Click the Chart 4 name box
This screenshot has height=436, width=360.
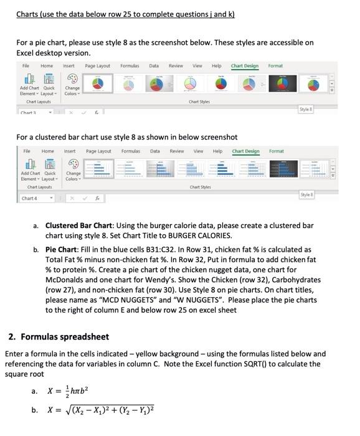29,198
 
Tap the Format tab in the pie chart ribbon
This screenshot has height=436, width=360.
275,65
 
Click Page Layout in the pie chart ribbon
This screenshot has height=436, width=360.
97,65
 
